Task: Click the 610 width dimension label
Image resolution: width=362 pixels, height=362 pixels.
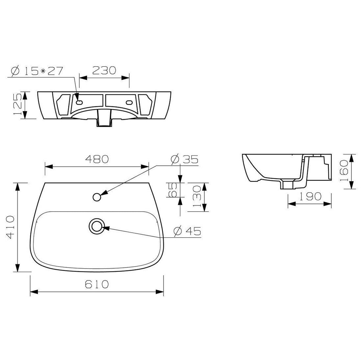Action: (x=97, y=284)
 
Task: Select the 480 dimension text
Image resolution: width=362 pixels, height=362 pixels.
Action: (x=97, y=159)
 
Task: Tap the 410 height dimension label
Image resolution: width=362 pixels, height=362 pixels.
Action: (x=11, y=227)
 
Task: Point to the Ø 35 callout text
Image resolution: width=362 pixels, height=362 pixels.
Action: (x=185, y=159)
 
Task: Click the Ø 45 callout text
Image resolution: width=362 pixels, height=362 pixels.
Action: (x=187, y=231)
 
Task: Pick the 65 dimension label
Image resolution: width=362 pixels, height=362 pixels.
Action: (x=173, y=190)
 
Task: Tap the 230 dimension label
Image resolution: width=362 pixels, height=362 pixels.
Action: (x=104, y=70)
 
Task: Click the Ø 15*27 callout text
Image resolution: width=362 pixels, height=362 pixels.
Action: (x=37, y=71)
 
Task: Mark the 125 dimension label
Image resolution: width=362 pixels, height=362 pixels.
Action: (x=18, y=104)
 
